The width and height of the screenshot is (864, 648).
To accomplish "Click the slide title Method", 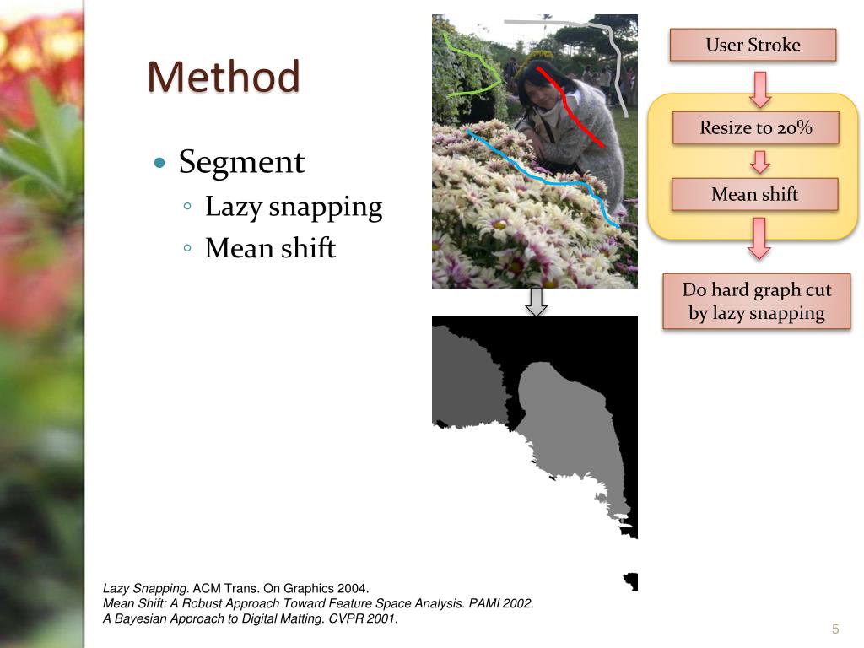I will click(224, 78).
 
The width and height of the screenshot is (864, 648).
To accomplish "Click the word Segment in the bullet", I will click(241, 161).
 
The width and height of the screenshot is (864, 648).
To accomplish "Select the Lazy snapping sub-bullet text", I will click(294, 208).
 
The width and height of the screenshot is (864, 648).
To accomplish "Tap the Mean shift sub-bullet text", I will click(270, 249).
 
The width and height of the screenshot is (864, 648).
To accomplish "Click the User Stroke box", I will click(753, 45).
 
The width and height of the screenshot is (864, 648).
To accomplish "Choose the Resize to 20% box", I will click(755, 128).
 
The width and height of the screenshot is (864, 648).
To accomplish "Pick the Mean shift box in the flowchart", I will click(754, 194).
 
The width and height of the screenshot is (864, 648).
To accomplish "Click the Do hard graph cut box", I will click(756, 301).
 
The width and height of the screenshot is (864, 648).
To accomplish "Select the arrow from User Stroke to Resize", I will click(760, 89).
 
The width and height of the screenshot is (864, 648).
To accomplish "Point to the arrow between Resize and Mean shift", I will click(760, 161).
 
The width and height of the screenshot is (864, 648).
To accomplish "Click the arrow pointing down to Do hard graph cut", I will click(760, 238).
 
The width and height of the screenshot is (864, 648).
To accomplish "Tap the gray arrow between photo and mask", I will click(536, 302).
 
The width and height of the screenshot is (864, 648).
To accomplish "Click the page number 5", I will click(835, 629).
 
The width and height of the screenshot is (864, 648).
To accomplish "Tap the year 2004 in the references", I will click(354, 588).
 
